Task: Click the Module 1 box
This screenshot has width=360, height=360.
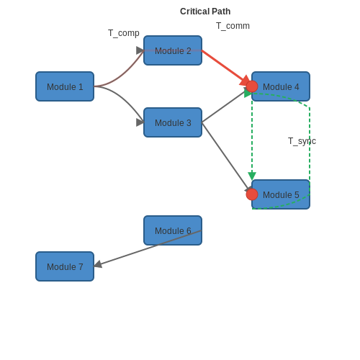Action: tap(65, 86)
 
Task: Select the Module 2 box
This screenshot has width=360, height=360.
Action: tap(173, 50)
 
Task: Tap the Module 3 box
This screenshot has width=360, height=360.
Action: tap(173, 122)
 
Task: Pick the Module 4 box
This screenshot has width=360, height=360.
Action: tap(281, 86)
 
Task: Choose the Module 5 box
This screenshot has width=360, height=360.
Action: tap(281, 194)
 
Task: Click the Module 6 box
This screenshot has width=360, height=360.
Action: tap(173, 230)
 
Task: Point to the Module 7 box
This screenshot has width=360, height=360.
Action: tap(65, 266)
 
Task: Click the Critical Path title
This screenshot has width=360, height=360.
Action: tap(205, 12)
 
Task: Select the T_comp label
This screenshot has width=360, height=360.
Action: tap(124, 33)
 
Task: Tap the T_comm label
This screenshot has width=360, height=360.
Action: tap(233, 26)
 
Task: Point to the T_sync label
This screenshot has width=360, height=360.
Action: tap(302, 141)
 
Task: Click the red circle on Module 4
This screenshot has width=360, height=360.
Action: tap(252, 86)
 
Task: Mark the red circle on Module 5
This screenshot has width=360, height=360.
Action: tap(252, 194)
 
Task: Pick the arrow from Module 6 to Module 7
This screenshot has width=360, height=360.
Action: tap(148, 248)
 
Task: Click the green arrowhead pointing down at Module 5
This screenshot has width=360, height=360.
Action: tap(252, 176)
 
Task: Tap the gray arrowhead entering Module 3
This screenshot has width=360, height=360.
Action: tap(140, 122)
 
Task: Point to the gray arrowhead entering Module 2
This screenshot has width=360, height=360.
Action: tap(140, 50)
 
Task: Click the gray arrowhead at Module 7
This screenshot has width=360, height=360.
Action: tap(98, 264)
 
